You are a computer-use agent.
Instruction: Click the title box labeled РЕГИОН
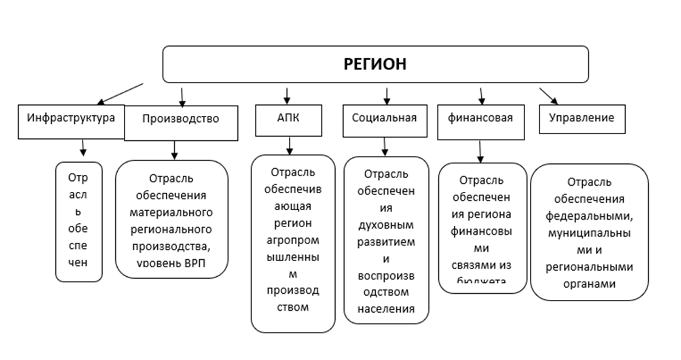375,64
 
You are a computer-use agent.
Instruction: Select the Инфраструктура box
71,118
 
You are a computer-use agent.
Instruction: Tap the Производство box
180,119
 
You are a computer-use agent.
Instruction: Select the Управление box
581,118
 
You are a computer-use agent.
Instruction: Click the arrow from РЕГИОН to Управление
549,96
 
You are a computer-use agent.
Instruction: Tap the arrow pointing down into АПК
287,95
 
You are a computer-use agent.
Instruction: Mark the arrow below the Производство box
174,149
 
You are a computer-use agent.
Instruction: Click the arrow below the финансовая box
480,152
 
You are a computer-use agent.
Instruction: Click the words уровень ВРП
172,263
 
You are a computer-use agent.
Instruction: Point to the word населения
386,308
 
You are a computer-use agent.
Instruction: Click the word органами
589,284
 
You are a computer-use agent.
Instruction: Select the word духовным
386,225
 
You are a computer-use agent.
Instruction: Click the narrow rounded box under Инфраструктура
78,221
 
